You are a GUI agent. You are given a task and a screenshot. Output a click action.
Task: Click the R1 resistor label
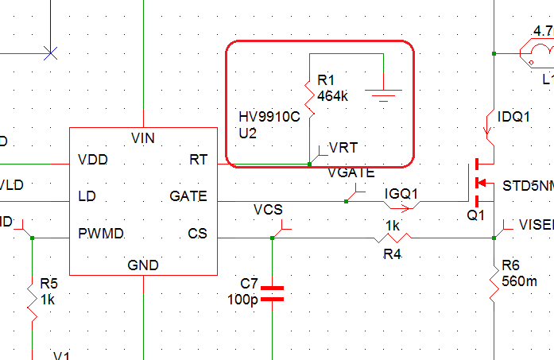(326, 80)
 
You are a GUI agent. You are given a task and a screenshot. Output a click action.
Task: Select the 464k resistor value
(332, 96)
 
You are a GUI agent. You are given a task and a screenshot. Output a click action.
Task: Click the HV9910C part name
(269, 117)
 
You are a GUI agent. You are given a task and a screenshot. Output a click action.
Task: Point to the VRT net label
(343, 148)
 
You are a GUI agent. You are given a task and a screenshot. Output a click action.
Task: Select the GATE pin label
(188, 196)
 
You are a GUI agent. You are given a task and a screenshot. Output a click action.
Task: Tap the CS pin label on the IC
(197, 234)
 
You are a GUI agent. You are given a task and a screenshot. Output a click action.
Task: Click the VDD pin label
(94, 160)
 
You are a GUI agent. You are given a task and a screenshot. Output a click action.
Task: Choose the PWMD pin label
(100, 234)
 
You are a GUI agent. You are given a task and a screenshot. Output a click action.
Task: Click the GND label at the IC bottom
(143, 265)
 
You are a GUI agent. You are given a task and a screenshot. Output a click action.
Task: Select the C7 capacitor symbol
(272, 292)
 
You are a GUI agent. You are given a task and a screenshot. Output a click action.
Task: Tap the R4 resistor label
(393, 254)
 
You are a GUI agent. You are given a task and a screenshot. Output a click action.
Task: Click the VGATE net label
(351, 172)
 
